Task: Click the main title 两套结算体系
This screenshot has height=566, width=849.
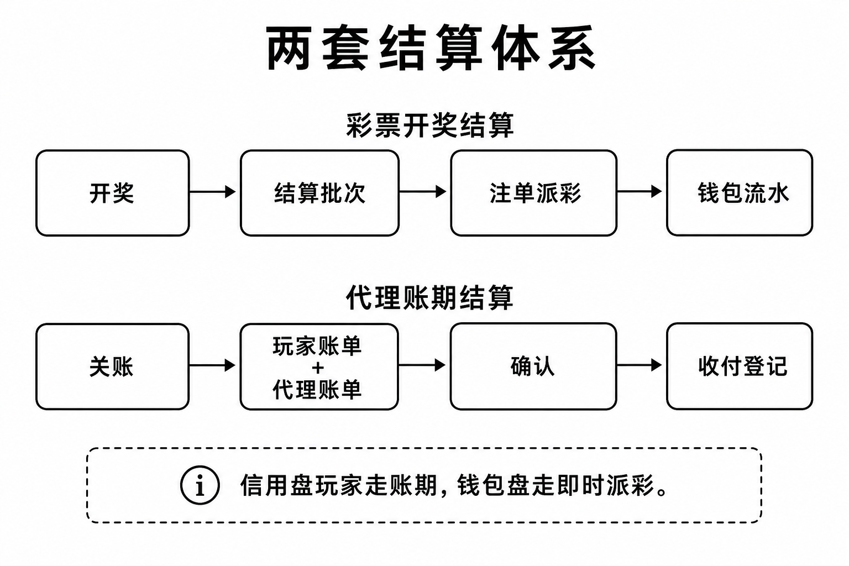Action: (431, 48)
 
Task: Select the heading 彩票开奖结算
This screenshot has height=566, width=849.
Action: (430, 125)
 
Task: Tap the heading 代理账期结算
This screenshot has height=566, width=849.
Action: (430, 297)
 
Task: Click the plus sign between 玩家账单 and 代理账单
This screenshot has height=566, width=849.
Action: (318, 368)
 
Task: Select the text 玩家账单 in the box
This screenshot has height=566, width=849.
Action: (317, 346)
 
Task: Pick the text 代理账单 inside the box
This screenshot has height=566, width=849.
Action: (317, 389)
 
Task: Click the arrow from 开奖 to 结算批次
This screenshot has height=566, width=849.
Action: (213, 192)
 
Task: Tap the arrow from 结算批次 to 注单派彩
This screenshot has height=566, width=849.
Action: (423, 191)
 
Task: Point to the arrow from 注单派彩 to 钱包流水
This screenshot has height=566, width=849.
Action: (640, 191)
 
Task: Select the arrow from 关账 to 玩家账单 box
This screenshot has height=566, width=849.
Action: (213, 365)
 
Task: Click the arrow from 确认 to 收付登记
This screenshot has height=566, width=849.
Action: (640, 365)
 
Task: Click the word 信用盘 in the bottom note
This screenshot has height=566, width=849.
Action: (277, 486)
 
